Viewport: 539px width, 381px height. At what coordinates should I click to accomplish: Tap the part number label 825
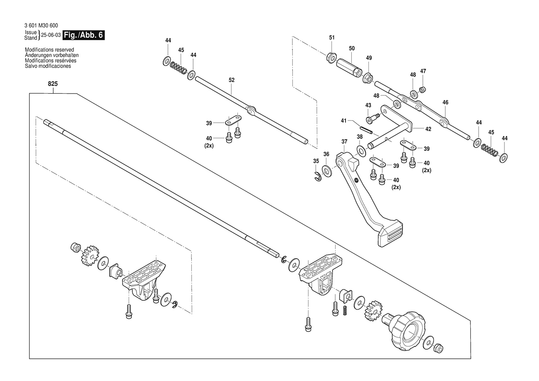click(x=53, y=84)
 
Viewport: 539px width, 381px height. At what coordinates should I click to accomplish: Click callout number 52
click(x=231, y=80)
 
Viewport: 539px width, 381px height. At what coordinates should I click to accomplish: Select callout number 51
click(x=332, y=37)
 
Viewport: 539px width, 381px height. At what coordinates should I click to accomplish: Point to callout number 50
click(x=351, y=48)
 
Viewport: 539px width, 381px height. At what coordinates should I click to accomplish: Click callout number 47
click(x=423, y=71)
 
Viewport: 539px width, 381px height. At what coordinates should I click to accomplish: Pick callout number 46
click(x=445, y=102)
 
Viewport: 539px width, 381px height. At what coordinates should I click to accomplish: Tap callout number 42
click(x=428, y=129)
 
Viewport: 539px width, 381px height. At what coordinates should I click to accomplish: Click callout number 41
click(x=344, y=120)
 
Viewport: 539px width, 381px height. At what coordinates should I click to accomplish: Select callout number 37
click(x=344, y=141)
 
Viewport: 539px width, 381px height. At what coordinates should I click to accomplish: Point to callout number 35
click(x=316, y=161)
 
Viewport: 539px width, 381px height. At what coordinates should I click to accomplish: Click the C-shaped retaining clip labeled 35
click(x=318, y=177)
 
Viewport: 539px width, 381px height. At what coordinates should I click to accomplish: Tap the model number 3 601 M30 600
click(x=41, y=26)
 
